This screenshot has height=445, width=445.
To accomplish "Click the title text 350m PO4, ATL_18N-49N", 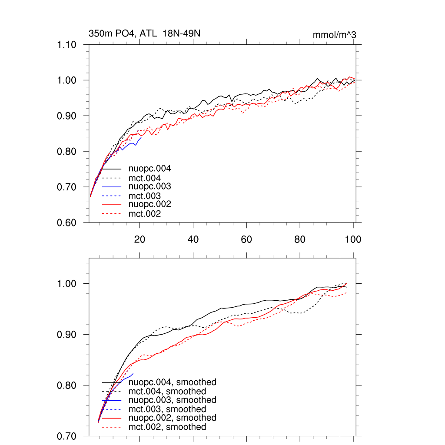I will pyautogui.click(x=144, y=33).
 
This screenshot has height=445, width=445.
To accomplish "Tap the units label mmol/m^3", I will pyautogui.click(x=334, y=35).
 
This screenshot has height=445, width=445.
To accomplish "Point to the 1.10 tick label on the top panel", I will pyautogui.click(x=67, y=45).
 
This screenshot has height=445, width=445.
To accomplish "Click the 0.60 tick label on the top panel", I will pyautogui.click(x=67, y=222).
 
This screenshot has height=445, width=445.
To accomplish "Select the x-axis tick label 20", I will pyautogui.click(x=139, y=239).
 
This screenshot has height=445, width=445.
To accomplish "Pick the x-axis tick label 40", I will pyautogui.click(x=193, y=239).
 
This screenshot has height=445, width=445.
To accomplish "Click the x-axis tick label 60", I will pyautogui.click(x=246, y=239).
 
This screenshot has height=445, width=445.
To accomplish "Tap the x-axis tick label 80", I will pyautogui.click(x=300, y=239).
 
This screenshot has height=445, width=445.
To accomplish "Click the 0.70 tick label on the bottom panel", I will pyautogui.click(x=67, y=436).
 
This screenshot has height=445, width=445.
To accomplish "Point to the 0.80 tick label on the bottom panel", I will pyautogui.click(x=67, y=385).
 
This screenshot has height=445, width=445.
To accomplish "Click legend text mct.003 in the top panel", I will pyautogui.click(x=145, y=196).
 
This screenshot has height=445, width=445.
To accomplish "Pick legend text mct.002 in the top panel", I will pyautogui.click(x=145, y=214).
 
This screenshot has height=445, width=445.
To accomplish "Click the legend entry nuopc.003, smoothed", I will pyautogui.click(x=172, y=400).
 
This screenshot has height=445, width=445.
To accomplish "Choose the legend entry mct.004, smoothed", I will pyautogui.click(x=167, y=392).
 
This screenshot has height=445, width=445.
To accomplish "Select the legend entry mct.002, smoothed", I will pyautogui.click(x=167, y=427).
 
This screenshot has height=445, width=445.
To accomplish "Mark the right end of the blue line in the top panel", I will pyautogui.click(x=141, y=137).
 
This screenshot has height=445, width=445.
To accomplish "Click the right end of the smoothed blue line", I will pyautogui.click(x=133, y=373).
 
